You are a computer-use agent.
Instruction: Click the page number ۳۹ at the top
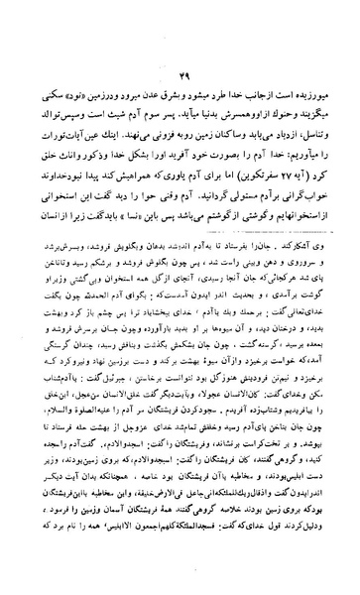point(181,80)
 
